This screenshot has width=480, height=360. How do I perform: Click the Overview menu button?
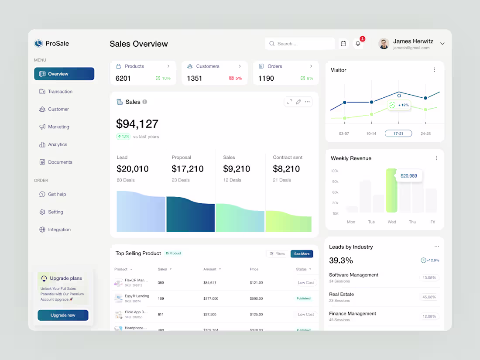coord(64,74)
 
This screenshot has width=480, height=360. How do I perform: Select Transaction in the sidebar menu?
coord(60,92)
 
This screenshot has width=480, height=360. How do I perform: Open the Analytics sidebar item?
coord(57,144)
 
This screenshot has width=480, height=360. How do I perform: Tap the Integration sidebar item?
coord(59,230)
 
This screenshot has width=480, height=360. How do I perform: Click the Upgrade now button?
coord(63,315)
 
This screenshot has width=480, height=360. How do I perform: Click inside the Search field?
coord(300,44)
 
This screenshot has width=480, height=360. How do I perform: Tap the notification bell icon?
coord(358,44)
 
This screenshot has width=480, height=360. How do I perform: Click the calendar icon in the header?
coord(343,44)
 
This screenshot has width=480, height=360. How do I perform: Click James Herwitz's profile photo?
coord(384,44)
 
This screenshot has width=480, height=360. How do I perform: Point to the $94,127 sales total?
coord(137,124)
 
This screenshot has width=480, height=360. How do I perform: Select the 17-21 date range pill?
coord(398,134)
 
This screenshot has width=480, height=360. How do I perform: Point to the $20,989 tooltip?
coord(409,176)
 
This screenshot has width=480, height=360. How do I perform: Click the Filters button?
coord(278,254)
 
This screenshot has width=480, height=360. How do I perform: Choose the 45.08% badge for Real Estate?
coord(429,297)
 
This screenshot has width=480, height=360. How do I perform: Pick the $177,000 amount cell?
coord(211,298)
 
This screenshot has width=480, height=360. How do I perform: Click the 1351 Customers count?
coord(195,79)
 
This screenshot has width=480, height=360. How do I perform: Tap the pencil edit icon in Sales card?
coord(298,102)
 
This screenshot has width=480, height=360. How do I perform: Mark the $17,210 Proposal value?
coord(188,169)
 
